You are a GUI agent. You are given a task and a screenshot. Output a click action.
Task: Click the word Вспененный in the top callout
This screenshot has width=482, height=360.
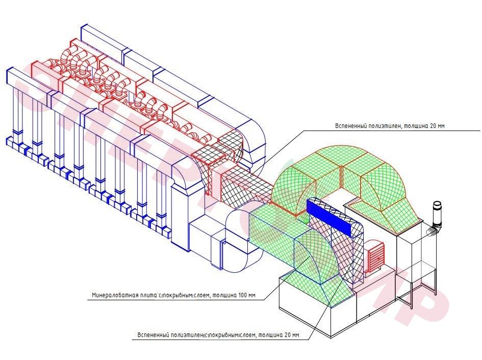(351, 125)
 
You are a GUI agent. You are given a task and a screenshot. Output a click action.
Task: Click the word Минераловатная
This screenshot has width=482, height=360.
(112, 295)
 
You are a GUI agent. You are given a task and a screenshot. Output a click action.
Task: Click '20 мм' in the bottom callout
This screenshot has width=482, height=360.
(290, 336)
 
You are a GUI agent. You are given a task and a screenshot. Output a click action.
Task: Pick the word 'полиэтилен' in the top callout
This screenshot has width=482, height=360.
(384, 125)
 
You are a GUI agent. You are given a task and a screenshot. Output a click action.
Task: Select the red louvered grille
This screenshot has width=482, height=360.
(375, 255)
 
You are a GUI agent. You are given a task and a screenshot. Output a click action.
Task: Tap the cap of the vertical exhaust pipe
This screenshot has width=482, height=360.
(437, 204)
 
